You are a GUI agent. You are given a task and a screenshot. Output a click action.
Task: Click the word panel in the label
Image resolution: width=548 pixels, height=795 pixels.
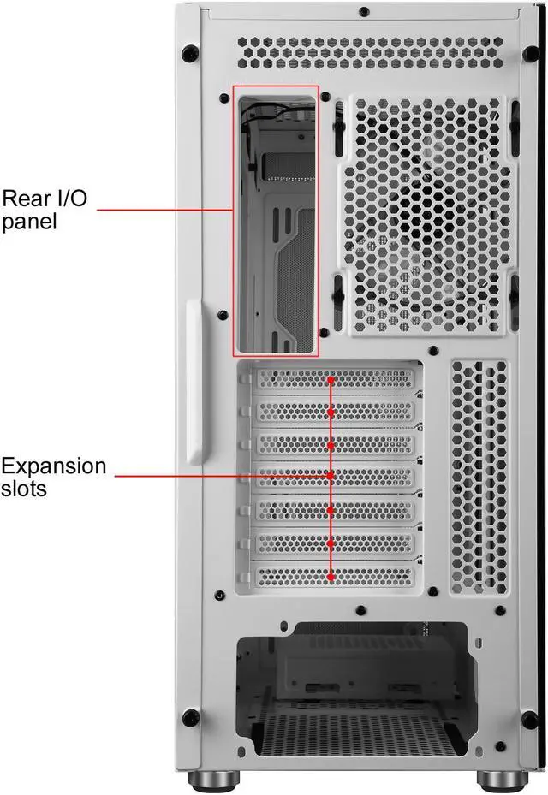point(29,222)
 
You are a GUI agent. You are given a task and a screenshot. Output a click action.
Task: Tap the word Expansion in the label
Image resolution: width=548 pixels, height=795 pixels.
point(54,466)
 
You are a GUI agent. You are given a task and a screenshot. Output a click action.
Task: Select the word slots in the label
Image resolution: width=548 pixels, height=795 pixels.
point(24,490)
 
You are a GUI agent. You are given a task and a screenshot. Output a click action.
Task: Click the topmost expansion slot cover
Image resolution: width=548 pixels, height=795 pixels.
point(334,377)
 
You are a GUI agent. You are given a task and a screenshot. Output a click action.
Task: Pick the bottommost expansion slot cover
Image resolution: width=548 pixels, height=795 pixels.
point(334,578)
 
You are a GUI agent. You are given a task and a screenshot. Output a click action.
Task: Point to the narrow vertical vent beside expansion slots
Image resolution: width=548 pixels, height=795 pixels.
point(479,475)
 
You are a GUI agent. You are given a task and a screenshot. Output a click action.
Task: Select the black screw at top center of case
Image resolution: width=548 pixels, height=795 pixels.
point(364,12)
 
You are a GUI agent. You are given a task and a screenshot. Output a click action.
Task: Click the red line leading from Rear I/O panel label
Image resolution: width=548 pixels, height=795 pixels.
point(163,209)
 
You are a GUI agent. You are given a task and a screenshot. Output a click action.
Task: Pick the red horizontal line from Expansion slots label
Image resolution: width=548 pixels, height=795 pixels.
point(223,475)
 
